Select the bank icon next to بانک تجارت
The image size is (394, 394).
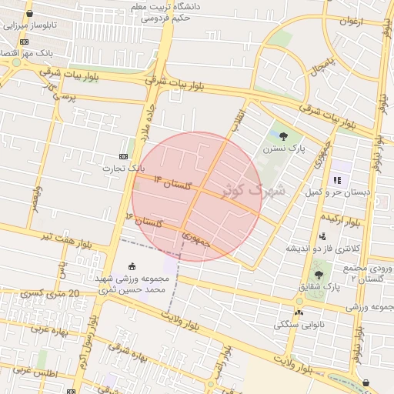coord(123,155)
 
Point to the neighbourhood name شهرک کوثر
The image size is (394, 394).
coord(253,189)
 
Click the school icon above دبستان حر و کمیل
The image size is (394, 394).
coord(336,179)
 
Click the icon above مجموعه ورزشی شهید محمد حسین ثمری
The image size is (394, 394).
coord(129,267)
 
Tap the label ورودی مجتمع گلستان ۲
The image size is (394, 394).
coord(366,271)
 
